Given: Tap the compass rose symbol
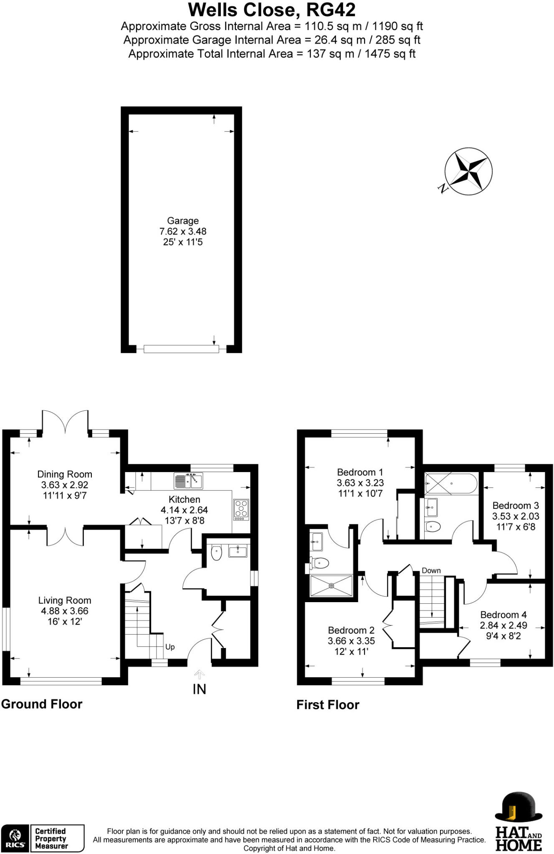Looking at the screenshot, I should pyautogui.click(x=468, y=171).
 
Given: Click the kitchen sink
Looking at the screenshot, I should pyautogui.click(x=188, y=481).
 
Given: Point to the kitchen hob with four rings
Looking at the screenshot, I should pyautogui.click(x=241, y=510).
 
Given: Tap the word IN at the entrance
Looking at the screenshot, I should pyautogui.click(x=200, y=689).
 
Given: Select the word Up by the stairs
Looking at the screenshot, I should pyautogui.click(x=170, y=647).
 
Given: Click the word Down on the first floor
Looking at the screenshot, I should pyautogui.click(x=431, y=570).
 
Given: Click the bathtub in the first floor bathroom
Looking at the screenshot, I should pyautogui.click(x=450, y=484).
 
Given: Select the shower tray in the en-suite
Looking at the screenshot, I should pyautogui.click(x=331, y=586).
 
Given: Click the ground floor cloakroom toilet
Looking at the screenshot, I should pyautogui.click(x=216, y=553).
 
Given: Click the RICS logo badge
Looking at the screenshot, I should pyautogui.click(x=15, y=838).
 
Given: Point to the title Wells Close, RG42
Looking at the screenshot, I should pyautogui.click(x=272, y=10).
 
